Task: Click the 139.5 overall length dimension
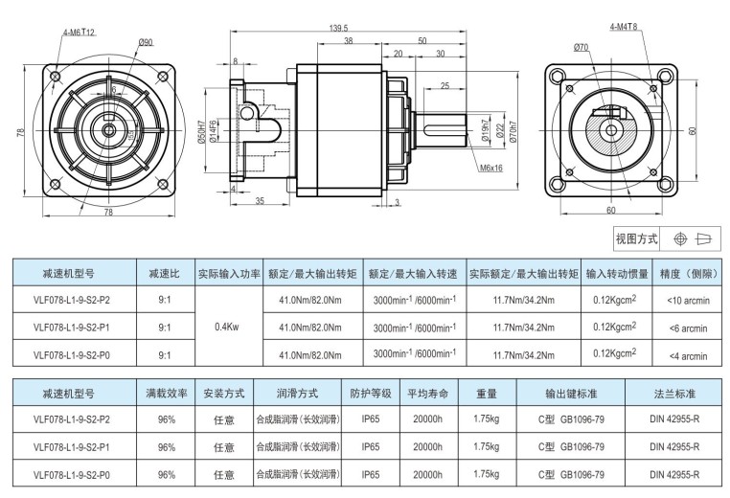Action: click(x=337, y=28)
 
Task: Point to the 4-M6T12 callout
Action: click(x=80, y=32)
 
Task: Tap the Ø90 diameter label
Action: click(x=147, y=42)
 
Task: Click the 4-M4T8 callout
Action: click(x=624, y=29)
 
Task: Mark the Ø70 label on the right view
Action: click(x=582, y=46)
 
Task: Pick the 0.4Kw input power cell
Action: click(x=228, y=327)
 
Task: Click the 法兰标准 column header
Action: click(x=674, y=394)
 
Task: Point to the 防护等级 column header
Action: click(x=371, y=394)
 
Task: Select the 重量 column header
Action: click(x=486, y=394)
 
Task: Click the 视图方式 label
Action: click(x=639, y=238)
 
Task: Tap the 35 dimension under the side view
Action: click(x=260, y=200)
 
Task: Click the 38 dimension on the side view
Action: click(x=348, y=40)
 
